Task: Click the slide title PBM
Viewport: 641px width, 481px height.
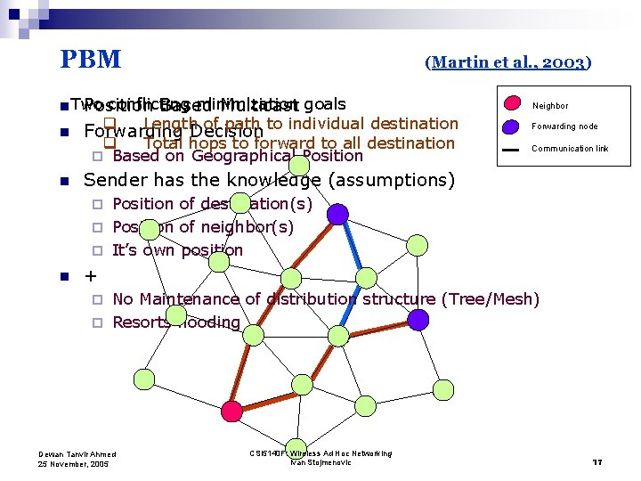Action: (x=90, y=60)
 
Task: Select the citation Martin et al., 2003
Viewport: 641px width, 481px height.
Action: (x=508, y=62)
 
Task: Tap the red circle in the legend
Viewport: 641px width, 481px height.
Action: (x=512, y=104)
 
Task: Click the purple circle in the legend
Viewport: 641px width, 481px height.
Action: (x=512, y=126)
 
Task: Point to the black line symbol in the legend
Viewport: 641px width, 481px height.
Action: (x=511, y=149)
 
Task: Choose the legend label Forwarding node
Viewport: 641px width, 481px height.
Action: (x=564, y=126)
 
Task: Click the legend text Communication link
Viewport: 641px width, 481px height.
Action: (x=570, y=149)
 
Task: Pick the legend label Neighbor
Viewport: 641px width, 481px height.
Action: (x=549, y=105)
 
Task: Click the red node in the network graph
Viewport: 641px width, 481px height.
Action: (x=231, y=411)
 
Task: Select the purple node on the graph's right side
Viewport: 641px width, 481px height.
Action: (x=418, y=319)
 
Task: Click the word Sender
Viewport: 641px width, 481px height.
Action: (x=113, y=180)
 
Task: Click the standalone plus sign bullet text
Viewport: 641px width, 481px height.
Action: (x=90, y=275)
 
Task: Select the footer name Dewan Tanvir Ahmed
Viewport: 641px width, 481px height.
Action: (x=77, y=454)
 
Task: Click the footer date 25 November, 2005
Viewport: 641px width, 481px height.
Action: (x=73, y=464)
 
